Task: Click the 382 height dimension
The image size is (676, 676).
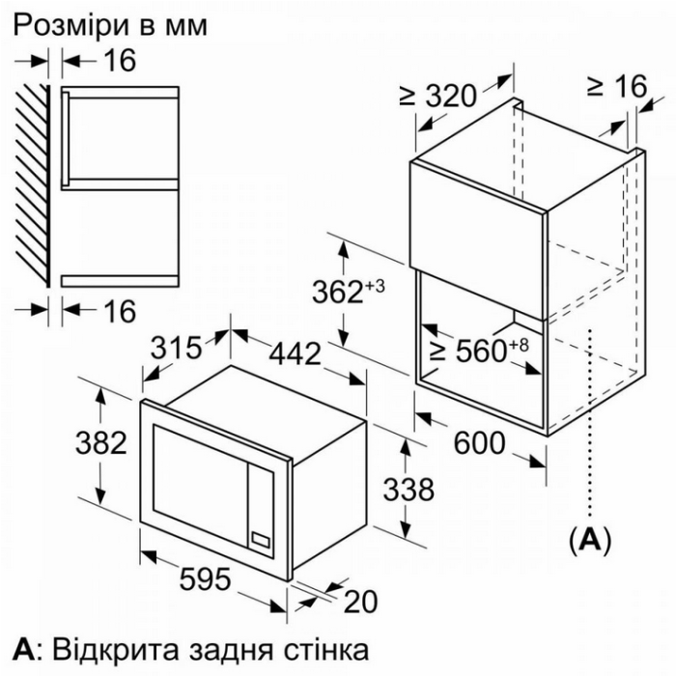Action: pyautogui.click(x=100, y=442)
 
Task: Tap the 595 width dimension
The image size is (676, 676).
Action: pyautogui.click(x=205, y=578)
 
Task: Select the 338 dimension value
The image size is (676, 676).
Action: pyautogui.click(x=408, y=490)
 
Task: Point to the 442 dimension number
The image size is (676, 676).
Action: pyautogui.click(x=296, y=353)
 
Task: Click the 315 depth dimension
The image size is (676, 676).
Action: pyautogui.click(x=176, y=347)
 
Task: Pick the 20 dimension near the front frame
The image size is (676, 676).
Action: pyautogui.click(x=360, y=602)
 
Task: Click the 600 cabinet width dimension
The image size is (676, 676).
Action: pyautogui.click(x=479, y=442)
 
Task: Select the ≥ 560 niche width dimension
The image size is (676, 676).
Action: pyautogui.click(x=479, y=350)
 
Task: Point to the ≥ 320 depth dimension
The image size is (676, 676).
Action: pyautogui.click(x=438, y=96)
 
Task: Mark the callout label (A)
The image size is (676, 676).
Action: pyautogui.click(x=590, y=539)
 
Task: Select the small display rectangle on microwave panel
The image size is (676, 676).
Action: pyautogui.click(x=260, y=539)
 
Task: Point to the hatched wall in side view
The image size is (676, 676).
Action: pyautogui.click(x=33, y=185)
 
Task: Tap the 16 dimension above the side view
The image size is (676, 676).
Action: pyautogui.click(x=121, y=60)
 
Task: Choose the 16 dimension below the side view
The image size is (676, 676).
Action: pyautogui.click(x=121, y=311)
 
